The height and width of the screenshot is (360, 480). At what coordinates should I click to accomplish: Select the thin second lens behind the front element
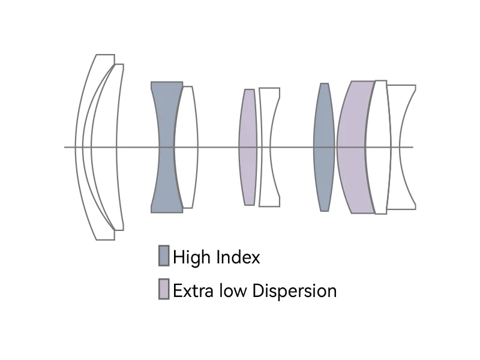click(x=119, y=180)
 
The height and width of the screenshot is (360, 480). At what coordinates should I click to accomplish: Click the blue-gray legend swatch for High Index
click(x=164, y=256)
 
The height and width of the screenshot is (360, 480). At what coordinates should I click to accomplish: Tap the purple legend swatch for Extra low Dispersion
click(x=164, y=289)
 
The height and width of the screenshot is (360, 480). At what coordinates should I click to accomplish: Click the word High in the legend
click(x=191, y=257)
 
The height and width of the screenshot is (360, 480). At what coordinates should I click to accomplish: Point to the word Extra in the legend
click(x=191, y=291)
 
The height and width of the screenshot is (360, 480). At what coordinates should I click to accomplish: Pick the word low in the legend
click(x=231, y=291)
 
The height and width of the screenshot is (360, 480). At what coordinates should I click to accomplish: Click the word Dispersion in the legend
click(x=294, y=291)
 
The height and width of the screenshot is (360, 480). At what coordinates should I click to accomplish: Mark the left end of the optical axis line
click(x=65, y=147)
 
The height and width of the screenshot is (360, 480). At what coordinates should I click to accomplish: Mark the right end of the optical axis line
click(x=413, y=147)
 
